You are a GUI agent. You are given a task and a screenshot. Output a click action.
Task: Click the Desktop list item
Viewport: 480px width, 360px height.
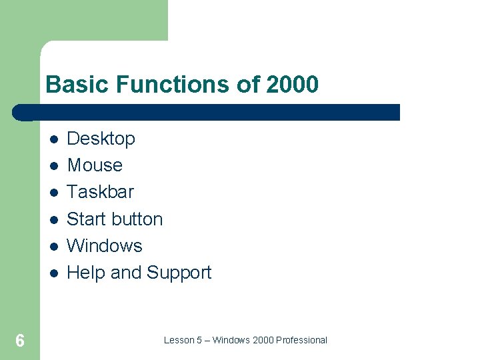pos(101,139)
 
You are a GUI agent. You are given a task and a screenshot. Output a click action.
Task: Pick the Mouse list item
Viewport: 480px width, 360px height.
pos(95,165)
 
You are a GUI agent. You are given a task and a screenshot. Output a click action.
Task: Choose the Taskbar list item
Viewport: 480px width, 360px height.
pos(100,192)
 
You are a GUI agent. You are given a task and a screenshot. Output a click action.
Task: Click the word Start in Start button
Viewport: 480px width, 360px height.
pos(86,219)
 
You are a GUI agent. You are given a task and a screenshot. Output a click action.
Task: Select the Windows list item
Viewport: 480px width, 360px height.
pos(105,245)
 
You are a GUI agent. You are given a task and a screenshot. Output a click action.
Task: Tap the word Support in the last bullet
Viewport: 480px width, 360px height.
pos(179,273)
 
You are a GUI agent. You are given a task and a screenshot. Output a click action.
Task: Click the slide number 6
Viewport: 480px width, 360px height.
pos(20,341)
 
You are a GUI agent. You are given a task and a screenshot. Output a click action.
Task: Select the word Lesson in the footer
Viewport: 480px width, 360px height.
pos(179,340)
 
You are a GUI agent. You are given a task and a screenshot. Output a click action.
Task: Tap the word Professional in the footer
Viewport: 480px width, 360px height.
pos(302,340)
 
